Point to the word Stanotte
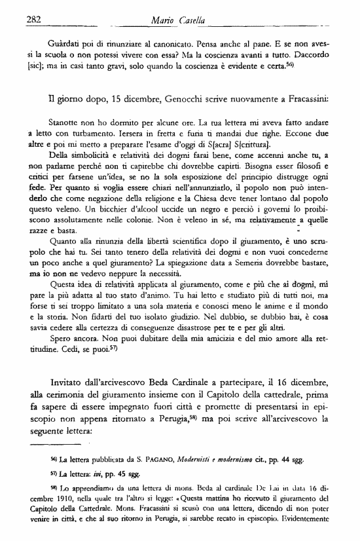tap(66, 122)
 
